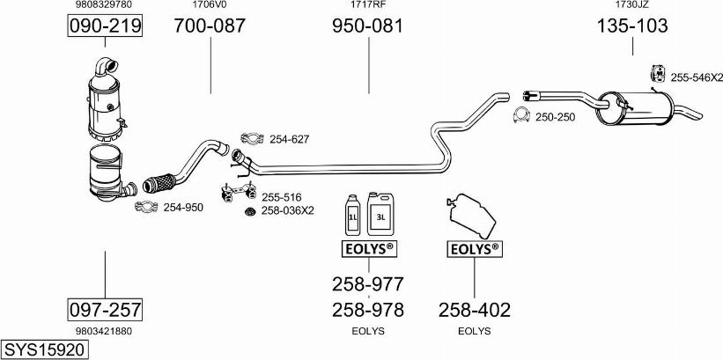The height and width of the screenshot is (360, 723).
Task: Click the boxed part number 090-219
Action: (105, 27)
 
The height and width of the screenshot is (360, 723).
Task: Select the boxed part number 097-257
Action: (105, 310)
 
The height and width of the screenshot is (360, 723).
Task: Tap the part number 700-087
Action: (210, 26)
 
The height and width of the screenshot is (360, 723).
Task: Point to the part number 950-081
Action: (367, 26)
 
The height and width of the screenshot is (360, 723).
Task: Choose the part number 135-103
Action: (632, 26)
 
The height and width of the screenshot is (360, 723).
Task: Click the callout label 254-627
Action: (290, 139)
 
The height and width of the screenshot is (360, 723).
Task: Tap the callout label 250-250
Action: (555, 116)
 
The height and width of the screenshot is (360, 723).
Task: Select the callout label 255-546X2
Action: (696, 78)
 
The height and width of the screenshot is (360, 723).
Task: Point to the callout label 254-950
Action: (183, 208)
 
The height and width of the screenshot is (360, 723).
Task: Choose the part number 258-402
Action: (474, 310)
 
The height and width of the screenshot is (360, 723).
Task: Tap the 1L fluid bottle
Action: (353, 213)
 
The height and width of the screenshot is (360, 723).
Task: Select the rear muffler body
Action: (638, 106)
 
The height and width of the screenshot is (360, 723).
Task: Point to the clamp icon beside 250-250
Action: (520, 116)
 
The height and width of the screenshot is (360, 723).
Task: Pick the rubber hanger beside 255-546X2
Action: (656, 77)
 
